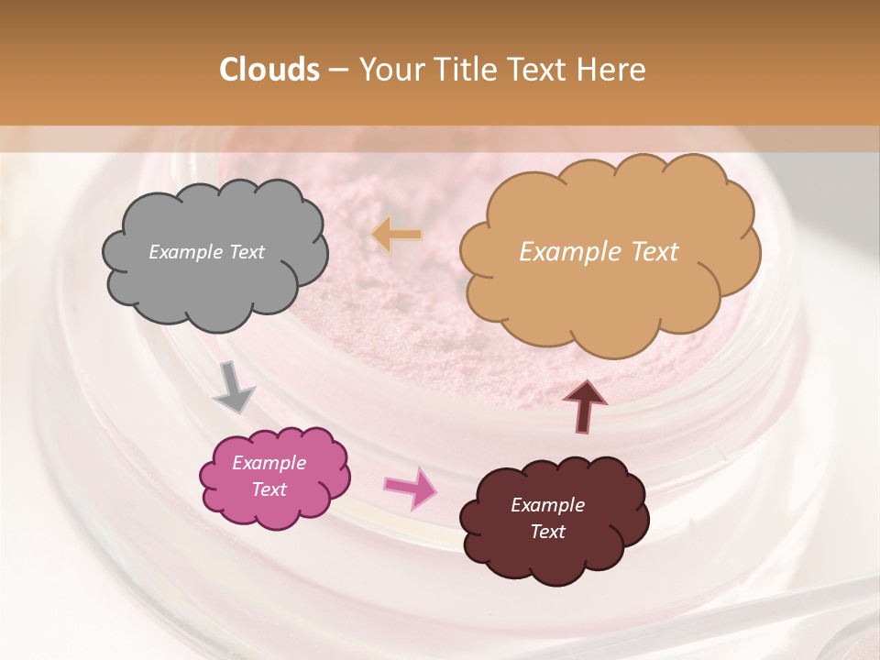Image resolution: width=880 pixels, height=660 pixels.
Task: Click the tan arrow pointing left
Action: point(397,235)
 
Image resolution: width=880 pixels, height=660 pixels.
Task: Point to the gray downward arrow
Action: point(233,388)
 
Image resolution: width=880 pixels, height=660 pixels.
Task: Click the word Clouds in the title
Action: point(269,70)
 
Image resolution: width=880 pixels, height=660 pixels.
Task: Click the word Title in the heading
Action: point(463,70)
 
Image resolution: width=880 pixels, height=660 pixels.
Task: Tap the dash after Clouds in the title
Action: point(338,71)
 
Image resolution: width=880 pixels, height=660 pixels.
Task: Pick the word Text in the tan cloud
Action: point(650,252)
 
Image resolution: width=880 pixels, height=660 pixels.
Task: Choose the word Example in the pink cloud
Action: point(269,463)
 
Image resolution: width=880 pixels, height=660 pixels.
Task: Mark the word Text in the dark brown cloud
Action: point(547,532)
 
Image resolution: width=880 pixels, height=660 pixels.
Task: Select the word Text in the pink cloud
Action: point(269,489)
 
